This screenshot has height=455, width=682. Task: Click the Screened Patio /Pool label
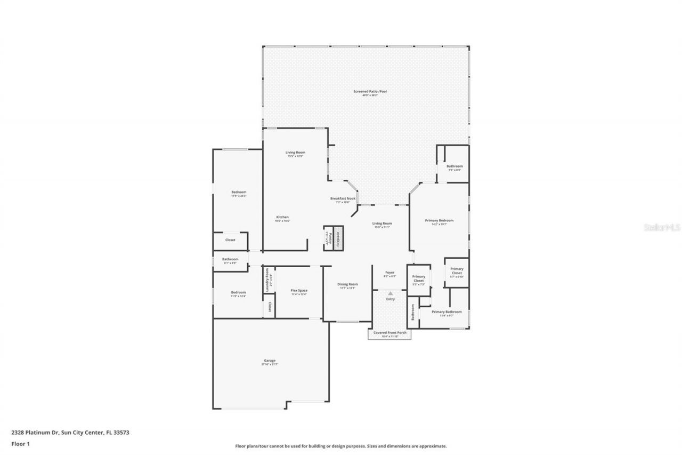tap(370, 92)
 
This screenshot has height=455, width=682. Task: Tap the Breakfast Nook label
tap(342, 198)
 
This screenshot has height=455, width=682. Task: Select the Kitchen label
tap(282, 217)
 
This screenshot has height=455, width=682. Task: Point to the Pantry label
tap(330, 237)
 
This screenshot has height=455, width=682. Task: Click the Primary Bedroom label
tap(439, 220)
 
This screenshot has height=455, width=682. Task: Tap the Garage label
tap(270, 361)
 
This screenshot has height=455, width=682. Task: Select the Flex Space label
tap(298, 291)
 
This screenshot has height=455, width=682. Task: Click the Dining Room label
tap(347, 284)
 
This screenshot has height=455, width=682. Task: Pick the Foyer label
tap(390, 273)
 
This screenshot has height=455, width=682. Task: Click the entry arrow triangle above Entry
tap(391, 293)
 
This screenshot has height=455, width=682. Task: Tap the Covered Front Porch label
tap(389, 333)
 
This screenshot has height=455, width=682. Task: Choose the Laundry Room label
tap(267, 279)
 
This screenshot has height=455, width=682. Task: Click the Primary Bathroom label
tap(446, 312)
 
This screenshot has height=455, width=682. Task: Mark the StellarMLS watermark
tap(662, 227)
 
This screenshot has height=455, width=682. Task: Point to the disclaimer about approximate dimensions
tap(341, 446)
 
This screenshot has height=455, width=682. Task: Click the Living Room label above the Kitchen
tap(295, 153)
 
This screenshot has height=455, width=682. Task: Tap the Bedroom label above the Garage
tap(238, 292)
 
